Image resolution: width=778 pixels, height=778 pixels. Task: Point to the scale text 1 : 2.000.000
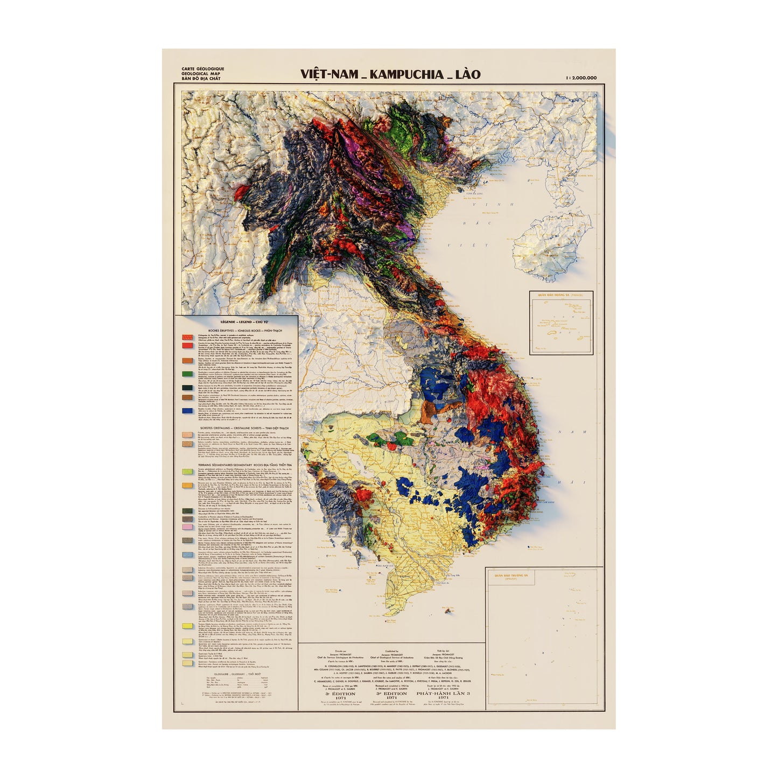pos(581,78)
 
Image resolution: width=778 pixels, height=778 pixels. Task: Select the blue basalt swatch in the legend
pos(187,411)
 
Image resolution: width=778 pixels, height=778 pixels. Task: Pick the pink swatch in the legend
pos(187,526)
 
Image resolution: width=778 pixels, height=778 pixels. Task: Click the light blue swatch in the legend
pos(187,555)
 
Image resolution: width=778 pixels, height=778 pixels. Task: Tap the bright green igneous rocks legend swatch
pos(187,374)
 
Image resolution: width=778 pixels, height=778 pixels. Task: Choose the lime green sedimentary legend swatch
pos(187,471)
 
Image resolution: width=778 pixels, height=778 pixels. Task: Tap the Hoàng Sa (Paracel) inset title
pos(561,295)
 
